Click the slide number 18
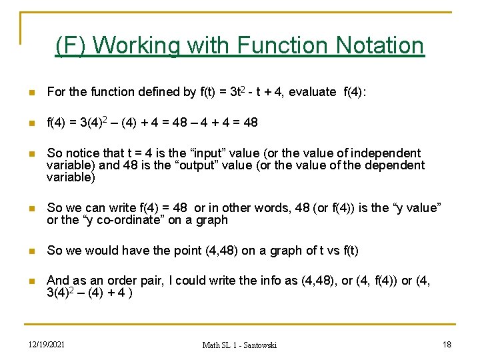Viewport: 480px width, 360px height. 447,344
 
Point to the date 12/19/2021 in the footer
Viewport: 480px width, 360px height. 47,344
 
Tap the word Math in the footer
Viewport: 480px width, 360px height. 213,345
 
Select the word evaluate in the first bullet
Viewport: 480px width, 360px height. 312,92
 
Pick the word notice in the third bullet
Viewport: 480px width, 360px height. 83,153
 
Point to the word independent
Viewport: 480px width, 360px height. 385,153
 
